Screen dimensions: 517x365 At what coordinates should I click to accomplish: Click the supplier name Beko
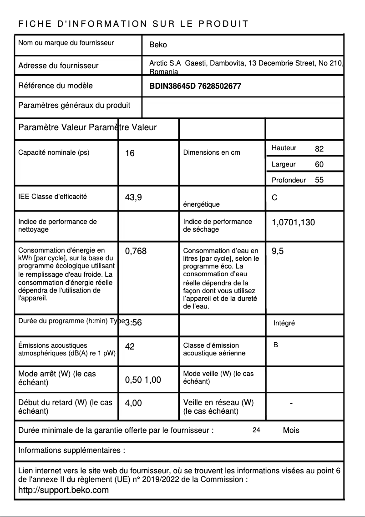[x=158, y=45]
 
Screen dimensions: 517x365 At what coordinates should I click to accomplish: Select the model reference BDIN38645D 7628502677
[x=195, y=86]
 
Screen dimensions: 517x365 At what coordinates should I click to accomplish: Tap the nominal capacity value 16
[x=130, y=153]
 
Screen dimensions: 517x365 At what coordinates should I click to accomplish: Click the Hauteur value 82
[x=319, y=149]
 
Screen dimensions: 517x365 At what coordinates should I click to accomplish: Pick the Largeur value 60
[x=319, y=164]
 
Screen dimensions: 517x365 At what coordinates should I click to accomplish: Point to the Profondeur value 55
[x=319, y=180]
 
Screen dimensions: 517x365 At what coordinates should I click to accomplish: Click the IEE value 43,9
[x=133, y=198]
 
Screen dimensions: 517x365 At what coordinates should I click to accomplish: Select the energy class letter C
[x=274, y=198]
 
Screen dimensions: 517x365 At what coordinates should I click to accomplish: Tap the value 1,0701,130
[x=293, y=223]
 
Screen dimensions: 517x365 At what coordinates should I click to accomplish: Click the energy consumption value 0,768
[x=136, y=251]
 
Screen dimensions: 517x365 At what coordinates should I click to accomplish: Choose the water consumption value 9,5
[x=278, y=251]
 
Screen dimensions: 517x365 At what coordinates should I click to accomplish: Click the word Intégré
[x=284, y=323]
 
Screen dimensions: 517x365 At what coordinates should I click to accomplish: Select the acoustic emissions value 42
[x=130, y=347]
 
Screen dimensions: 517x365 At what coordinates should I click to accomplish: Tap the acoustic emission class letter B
[x=276, y=345]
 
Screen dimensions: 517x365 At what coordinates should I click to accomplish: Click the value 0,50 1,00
[x=143, y=380]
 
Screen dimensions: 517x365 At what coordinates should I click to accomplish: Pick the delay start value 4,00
[x=133, y=403]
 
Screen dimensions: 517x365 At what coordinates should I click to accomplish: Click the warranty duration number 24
[x=256, y=430]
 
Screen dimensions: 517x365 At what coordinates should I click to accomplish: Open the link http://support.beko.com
[x=63, y=490]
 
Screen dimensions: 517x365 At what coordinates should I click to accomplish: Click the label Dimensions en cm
[x=211, y=152]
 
